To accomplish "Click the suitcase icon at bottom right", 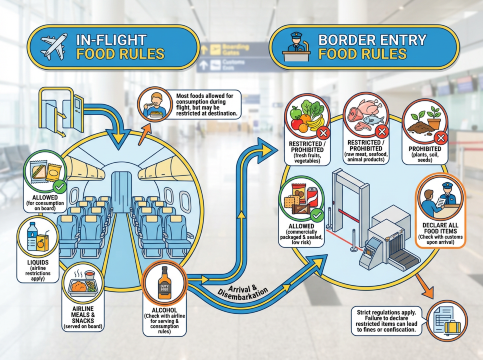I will click(452, 328).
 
